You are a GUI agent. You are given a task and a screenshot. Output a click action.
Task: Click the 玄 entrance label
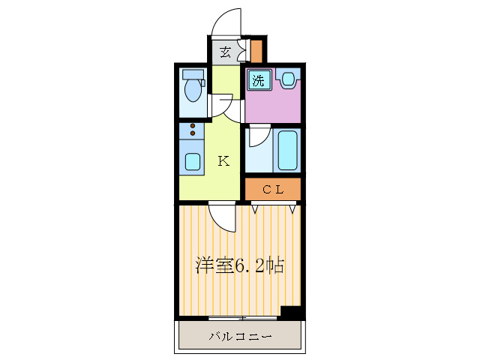225,52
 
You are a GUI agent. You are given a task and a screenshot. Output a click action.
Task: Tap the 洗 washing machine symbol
258,81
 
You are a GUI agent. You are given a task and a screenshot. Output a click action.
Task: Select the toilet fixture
194,88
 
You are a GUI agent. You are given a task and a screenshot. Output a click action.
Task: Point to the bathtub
288,150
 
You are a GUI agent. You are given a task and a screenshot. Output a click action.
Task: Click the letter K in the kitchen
223,160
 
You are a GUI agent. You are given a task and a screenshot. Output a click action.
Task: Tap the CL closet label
272,189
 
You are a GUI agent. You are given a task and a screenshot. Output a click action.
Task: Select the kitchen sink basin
193,160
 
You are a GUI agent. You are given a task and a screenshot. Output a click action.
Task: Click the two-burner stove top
193,130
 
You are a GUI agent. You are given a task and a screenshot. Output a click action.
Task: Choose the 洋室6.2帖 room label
239,265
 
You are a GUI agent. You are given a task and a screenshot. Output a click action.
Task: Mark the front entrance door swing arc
226,22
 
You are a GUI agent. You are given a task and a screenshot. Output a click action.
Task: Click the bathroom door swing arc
259,136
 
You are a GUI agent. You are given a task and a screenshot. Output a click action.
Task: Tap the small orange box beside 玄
256,52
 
